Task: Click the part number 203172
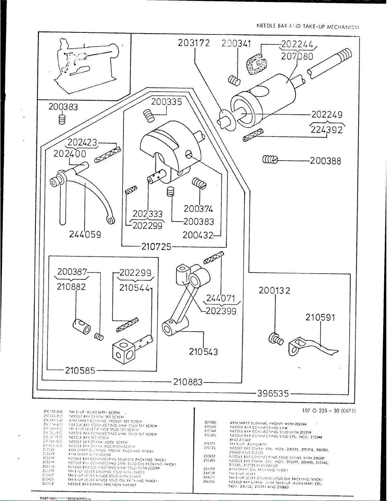click(194, 43)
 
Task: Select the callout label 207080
click(297, 57)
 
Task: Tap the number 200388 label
click(325, 161)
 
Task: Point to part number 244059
click(85, 235)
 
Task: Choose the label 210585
click(80, 370)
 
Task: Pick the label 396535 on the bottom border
click(273, 394)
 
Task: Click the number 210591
click(320, 318)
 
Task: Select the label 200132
click(275, 290)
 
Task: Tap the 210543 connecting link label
click(203, 351)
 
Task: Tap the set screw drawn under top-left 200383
click(62, 120)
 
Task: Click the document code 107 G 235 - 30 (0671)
click(329, 411)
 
